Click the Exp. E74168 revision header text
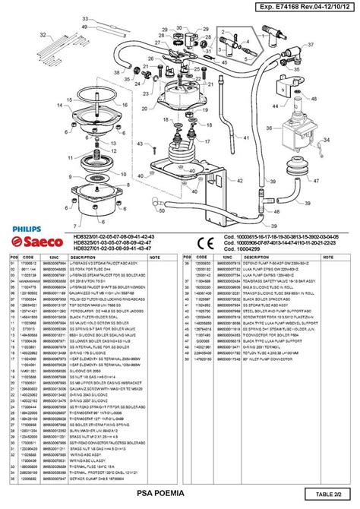click(301, 7)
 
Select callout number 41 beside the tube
click(226, 138)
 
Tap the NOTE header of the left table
click(155, 258)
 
